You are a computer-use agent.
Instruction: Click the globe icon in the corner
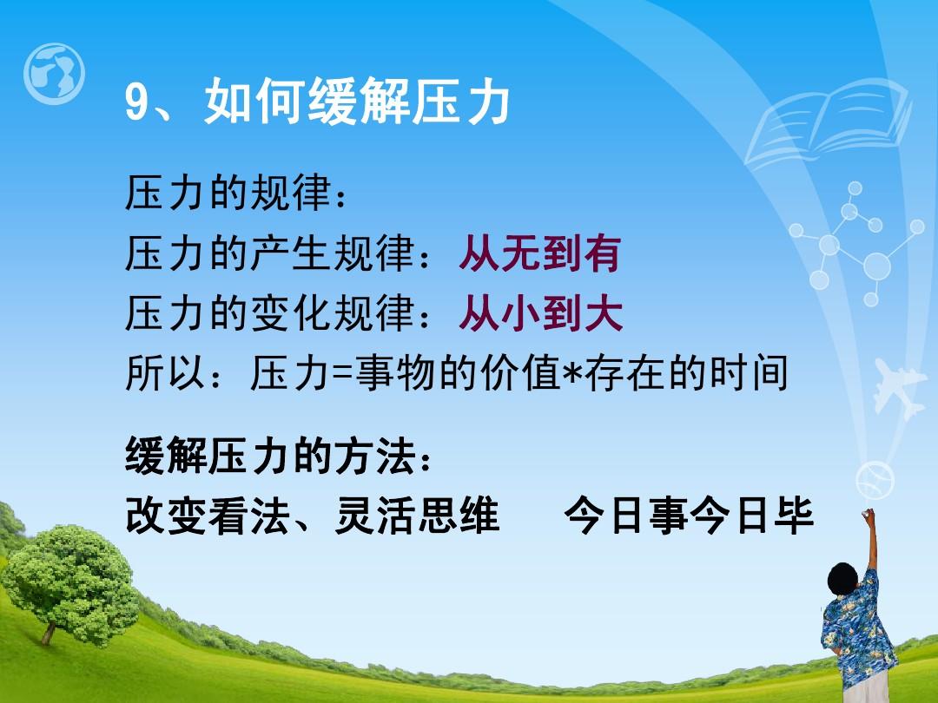pyautogui.click(x=54, y=74)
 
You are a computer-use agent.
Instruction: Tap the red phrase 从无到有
pyautogui.click(x=540, y=253)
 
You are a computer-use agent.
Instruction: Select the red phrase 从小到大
pyautogui.click(x=541, y=313)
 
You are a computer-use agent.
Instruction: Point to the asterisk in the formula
pyautogui.click(x=573, y=371)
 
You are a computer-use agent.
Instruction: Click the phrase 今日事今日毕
pyautogui.click(x=689, y=516)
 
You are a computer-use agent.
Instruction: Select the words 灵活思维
pyautogui.click(x=416, y=516)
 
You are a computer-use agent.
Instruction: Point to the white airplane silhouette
pyautogui.click(x=897, y=387)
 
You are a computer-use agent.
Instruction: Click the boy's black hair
pyautogui.click(x=843, y=578)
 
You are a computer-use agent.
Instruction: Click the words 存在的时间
pyautogui.click(x=686, y=373)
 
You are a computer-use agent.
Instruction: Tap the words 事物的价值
pyautogui.click(x=458, y=373)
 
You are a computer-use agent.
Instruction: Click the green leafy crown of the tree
pyautogui.click(x=70, y=583)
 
